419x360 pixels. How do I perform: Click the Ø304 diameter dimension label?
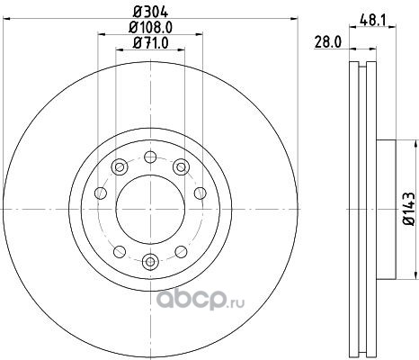(x=150, y=12)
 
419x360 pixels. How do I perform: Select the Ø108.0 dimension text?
(x=150, y=28)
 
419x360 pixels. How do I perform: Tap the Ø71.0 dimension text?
(x=150, y=43)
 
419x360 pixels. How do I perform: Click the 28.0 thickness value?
(x=328, y=42)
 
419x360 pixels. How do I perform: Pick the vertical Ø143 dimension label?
(x=409, y=209)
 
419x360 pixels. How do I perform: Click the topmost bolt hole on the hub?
(x=150, y=157)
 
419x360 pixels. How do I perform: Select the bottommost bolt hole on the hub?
(x=150, y=262)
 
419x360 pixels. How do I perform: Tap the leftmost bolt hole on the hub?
(x=101, y=193)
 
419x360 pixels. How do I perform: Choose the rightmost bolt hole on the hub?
(x=201, y=193)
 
